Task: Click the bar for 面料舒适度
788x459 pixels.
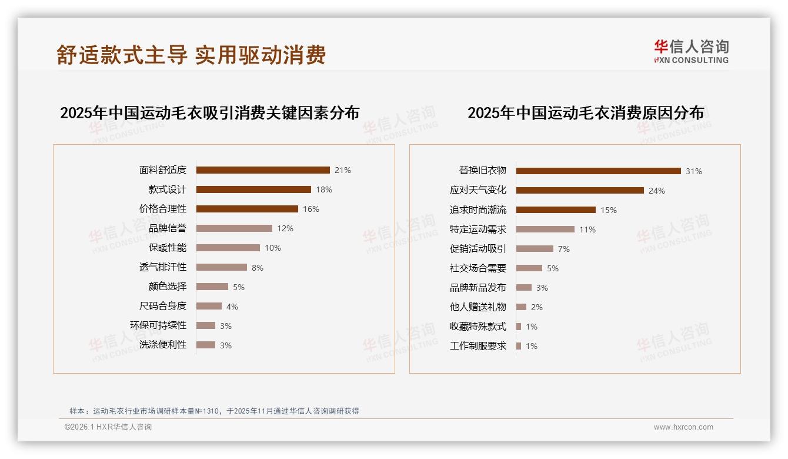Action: pos(263,170)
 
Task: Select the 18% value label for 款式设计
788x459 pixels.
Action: pos(324,189)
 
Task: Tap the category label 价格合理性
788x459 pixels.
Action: pos(163,209)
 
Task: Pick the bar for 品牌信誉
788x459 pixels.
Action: pos(234,228)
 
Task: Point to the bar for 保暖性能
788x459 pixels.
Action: pos(228,248)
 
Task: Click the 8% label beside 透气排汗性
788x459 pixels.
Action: pos(258,268)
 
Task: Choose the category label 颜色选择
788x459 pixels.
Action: pos(168,287)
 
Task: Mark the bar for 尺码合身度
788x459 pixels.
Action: pos(209,306)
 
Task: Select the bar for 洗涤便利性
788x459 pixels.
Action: pos(206,345)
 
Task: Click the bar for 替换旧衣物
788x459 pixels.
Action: pos(599,171)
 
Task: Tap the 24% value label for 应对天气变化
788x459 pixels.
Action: pos(657,191)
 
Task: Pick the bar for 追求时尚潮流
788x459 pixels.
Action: pos(556,210)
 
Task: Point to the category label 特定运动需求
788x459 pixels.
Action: pos(478,229)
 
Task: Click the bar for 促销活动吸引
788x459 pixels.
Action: pos(535,249)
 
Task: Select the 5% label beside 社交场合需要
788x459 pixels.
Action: pos(553,268)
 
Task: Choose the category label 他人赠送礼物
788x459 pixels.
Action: pos(478,307)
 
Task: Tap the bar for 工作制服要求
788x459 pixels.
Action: pos(519,346)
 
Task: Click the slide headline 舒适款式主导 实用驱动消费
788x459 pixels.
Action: pos(191,55)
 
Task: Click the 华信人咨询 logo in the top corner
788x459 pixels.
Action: pos(691,51)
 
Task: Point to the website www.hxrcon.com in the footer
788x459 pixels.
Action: pos(683,427)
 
